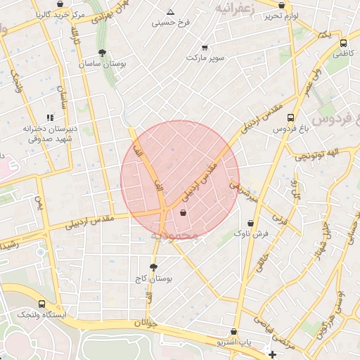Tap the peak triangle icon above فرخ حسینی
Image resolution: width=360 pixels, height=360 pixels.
pos(170,12)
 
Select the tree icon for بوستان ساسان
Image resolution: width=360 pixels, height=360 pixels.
pos(103,53)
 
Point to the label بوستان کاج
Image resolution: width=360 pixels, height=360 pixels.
pos(153,278)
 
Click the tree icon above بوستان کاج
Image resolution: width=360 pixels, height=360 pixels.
pos(153,267)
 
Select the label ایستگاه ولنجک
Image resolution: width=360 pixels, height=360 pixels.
pos(42,315)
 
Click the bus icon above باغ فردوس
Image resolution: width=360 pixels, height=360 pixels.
pos(291,118)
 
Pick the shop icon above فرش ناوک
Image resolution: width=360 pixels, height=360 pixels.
pos(250,223)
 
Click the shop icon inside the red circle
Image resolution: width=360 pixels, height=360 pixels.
pos(184,212)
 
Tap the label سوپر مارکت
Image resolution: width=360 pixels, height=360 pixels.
pos(205,58)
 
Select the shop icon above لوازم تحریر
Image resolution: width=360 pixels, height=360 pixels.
pos(282,5)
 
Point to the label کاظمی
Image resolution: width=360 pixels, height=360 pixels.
pos(341,53)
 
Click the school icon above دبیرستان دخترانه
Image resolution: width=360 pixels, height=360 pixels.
pos(49,117)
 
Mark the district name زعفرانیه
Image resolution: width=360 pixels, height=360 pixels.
pos(233,9)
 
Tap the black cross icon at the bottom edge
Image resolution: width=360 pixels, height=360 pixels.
pos(273,354)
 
